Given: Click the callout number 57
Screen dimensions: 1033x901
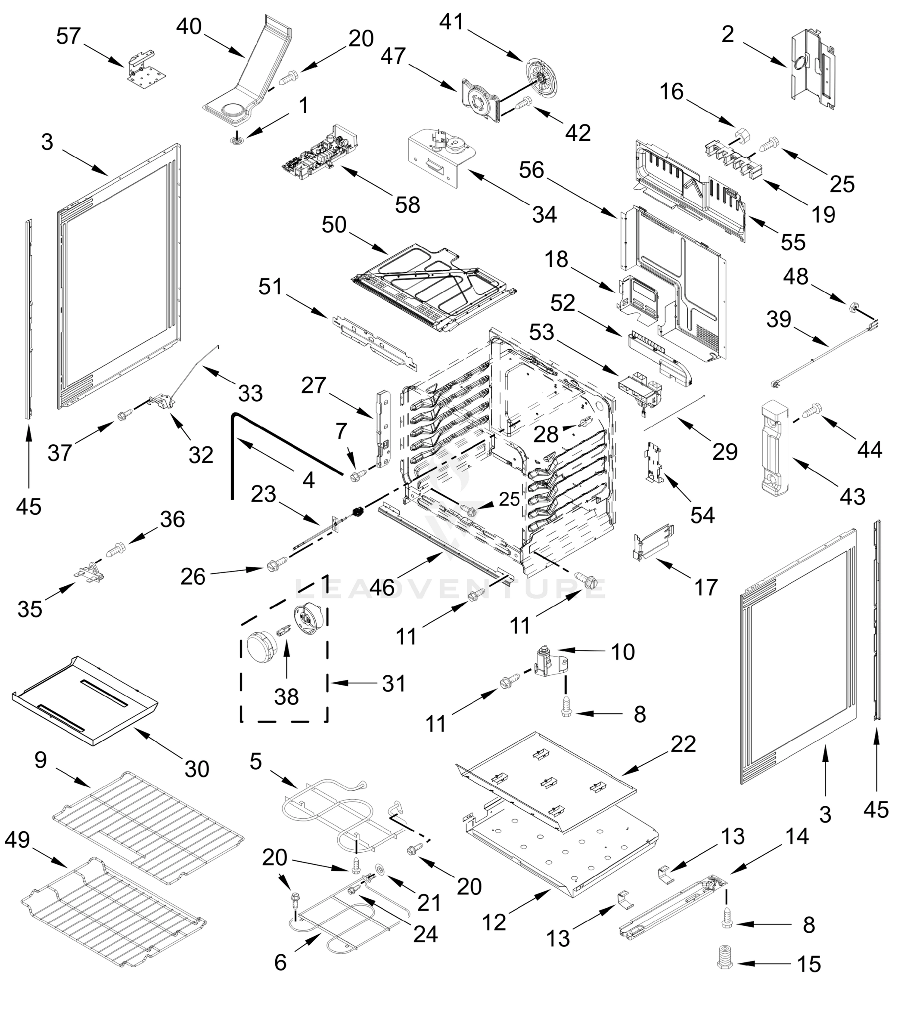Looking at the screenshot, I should (x=68, y=36).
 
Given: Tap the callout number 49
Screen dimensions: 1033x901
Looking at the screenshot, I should (x=18, y=840).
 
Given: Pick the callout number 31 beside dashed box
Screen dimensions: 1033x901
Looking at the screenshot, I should (x=394, y=684).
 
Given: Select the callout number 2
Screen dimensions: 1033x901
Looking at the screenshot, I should (x=727, y=35).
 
